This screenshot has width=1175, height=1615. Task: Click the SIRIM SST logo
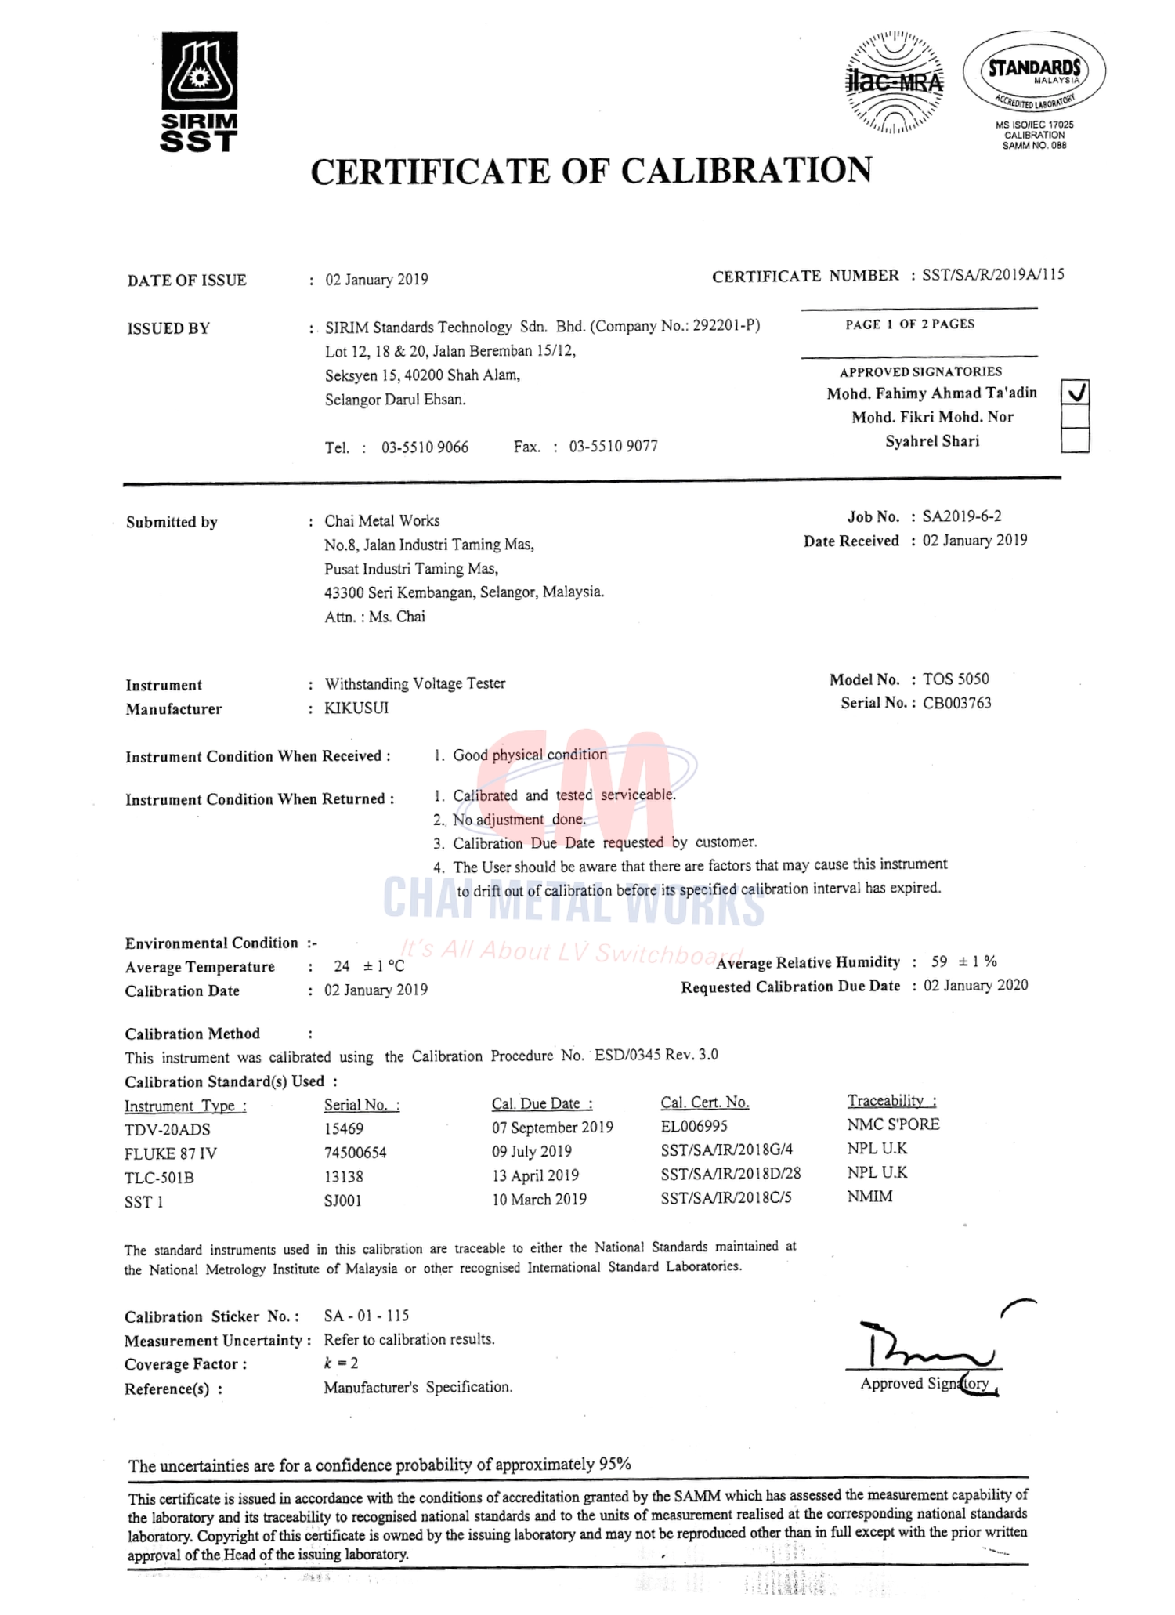click(x=199, y=91)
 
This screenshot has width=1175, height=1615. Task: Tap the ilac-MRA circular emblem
click(x=895, y=81)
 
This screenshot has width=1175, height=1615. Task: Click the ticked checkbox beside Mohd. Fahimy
click(x=1075, y=392)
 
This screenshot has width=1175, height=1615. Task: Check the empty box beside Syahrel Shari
click(x=1075, y=441)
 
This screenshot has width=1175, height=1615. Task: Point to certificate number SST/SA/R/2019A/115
click(x=992, y=275)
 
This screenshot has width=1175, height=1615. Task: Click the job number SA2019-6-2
click(x=961, y=516)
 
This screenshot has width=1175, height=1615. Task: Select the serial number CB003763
click(x=956, y=703)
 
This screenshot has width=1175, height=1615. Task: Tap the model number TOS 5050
click(x=956, y=679)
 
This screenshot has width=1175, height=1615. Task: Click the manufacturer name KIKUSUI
click(x=356, y=708)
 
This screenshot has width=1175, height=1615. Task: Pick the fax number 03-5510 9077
click(x=613, y=446)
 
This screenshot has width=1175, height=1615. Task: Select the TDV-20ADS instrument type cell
click(x=167, y=1129)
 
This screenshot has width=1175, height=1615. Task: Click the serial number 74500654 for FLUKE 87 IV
click(x=355, y=1153)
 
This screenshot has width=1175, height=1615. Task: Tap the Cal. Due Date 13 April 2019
click(x=535, y=1175)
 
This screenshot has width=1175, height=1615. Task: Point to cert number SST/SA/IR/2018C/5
click(x=725, y=1197)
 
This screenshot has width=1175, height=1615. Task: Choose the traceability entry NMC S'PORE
click(x=893, y=1124)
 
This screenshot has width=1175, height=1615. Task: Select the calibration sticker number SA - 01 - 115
click(x=367, y=1316)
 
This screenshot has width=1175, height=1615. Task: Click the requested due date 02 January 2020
click(x=975, y=986)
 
